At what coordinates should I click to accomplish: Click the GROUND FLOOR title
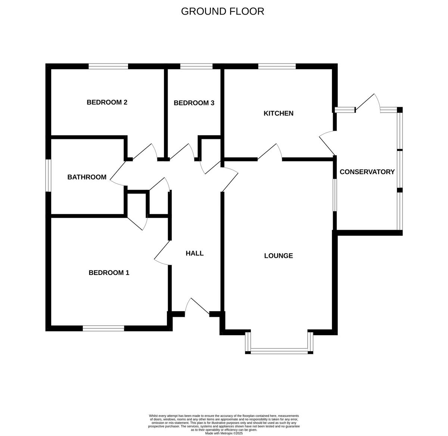223,11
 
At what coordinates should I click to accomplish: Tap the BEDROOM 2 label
107,102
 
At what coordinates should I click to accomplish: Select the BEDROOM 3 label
194,103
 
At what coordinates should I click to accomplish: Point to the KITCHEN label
279,113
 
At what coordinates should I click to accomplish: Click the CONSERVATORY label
367,172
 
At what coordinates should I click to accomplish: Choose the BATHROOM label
87,177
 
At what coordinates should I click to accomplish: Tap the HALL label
195,253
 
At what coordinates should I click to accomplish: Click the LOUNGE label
279,256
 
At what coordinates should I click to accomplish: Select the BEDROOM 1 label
109,273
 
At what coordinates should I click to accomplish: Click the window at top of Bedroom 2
108,67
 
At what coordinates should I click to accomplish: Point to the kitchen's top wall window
277,67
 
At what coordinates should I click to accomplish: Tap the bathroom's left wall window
48,176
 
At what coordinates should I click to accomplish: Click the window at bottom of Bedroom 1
103,328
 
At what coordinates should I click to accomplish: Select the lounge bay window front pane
279,351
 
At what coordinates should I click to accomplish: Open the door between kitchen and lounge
270,153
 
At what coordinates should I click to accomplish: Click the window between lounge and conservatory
335,195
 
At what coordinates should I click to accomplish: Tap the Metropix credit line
224,433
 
